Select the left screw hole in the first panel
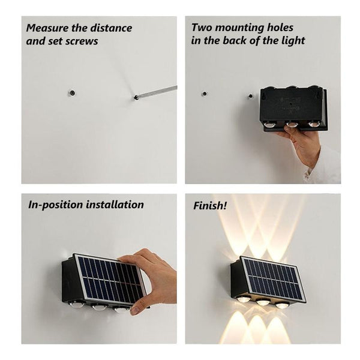point(71,93)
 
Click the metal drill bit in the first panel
point(157,92)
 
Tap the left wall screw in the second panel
point(205,94)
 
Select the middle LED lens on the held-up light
point(292,124)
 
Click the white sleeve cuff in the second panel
point(327,168)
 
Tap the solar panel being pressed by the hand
point(108,279)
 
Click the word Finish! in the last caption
point(210,206)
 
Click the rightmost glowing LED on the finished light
point(282,305)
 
